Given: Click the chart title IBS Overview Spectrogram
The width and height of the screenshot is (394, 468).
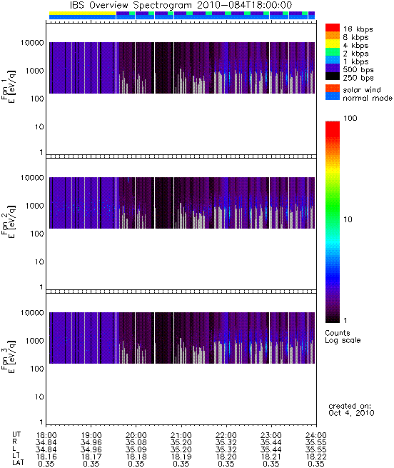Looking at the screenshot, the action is tap(131, 6).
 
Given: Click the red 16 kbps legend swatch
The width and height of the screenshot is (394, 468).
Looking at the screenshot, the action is tap(333, 27).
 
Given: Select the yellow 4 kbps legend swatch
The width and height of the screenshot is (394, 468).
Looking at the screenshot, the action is tap(333, 44).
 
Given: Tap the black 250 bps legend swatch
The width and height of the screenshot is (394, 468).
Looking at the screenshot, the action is tap(333, 76).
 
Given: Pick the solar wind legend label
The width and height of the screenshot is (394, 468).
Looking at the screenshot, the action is tap(361, 90).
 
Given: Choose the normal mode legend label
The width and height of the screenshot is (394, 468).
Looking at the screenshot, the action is tap(368, 98).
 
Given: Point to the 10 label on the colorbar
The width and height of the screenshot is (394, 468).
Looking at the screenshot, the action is tap(348, 219).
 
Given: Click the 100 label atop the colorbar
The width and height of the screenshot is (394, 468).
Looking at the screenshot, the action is tap(350, 118).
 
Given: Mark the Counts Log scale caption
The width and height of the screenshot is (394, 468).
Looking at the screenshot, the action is tap(343, 337).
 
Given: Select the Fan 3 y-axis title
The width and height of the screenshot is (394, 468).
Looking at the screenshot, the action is tap(8, 357).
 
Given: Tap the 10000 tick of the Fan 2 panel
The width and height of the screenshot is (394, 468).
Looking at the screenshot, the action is tap(32, 178).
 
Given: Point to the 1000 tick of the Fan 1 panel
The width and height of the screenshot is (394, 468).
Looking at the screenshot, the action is tap(34, 71).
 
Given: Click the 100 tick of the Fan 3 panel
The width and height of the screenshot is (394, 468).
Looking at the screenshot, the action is tap(36, 369).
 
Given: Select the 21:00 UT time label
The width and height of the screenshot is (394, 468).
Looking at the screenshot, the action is tap(181, 435).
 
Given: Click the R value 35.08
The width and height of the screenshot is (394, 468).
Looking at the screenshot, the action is tap(136, 442).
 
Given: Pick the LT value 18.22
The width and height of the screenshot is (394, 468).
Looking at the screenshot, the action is tap(316, 457).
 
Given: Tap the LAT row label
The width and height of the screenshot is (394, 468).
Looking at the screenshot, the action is tap(18, 463).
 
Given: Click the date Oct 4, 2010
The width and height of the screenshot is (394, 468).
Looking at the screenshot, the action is tap(351, 413).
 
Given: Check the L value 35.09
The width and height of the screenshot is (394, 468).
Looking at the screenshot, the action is tap(136, 449).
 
